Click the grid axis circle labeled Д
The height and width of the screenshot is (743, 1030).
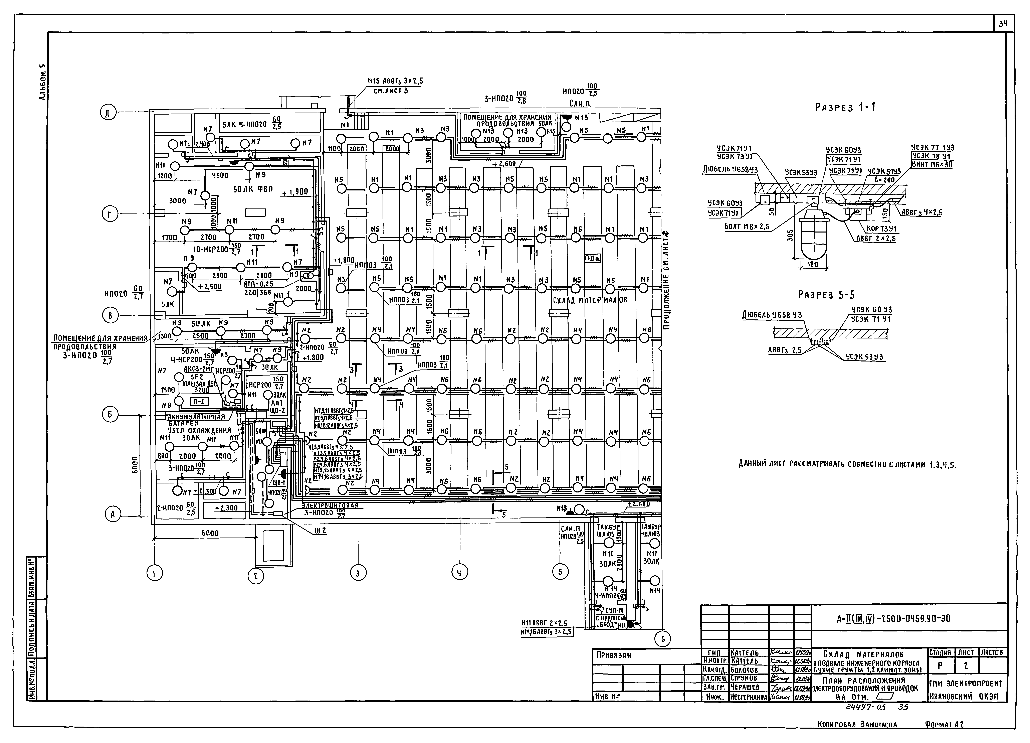[x=108, y=113]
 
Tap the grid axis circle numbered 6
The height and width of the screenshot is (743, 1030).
[x=662, y=639]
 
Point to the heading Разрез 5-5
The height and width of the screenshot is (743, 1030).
[x=827, y=295]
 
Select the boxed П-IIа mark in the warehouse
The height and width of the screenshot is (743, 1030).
[x=593, y=258]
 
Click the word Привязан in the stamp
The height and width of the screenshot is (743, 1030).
[x=613, y=655]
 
